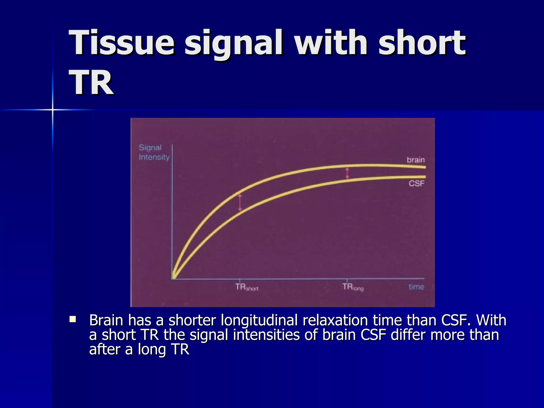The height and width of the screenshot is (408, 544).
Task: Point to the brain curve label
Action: (x=416, y=160)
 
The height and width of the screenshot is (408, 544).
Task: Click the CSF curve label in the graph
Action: (x=416, y=183)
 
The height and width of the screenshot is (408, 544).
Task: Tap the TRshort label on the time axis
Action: (x=246, y=287)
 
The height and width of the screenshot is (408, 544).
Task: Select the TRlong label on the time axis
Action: (x=353, y=287)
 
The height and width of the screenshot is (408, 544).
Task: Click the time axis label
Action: (x=416, y=287)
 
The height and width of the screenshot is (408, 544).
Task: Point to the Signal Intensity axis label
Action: (x=154, y=152)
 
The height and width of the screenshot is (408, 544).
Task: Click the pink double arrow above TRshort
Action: (x=240, y=202)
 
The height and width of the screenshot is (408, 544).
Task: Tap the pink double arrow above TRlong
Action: (x=347, y=173)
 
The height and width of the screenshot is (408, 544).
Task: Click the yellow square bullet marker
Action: (x=73, y=319)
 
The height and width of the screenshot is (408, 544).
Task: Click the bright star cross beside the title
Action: (x=53, y=109)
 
